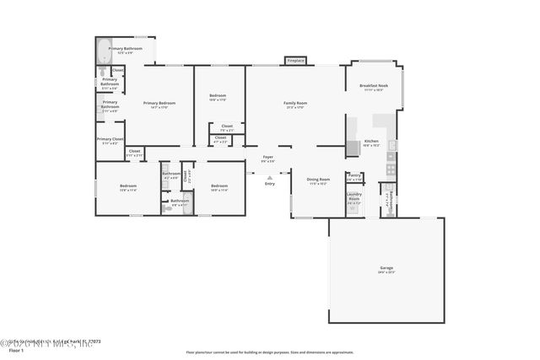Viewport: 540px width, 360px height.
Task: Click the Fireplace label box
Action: [295, 61]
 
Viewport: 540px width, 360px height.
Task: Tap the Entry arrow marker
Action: [269, 176]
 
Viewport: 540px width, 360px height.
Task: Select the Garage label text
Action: [386, 270]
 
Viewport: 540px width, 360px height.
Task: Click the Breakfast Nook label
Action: [373, 88]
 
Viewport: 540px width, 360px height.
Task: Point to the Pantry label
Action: [354, 177]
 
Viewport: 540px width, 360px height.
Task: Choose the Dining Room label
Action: [318, 180]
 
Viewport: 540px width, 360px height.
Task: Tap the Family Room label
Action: [294, 105]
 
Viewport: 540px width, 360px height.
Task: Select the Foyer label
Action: [267, 159]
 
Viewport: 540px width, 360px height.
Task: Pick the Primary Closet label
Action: [110, 141]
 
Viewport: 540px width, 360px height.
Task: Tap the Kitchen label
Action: [371, 143]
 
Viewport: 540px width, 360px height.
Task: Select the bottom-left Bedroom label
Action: [127, 187]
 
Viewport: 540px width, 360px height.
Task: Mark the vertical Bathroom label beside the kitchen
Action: [388, 202]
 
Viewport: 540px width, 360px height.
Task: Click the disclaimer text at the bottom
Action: [270, 352]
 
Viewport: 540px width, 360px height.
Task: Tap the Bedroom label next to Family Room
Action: [218, 98]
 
